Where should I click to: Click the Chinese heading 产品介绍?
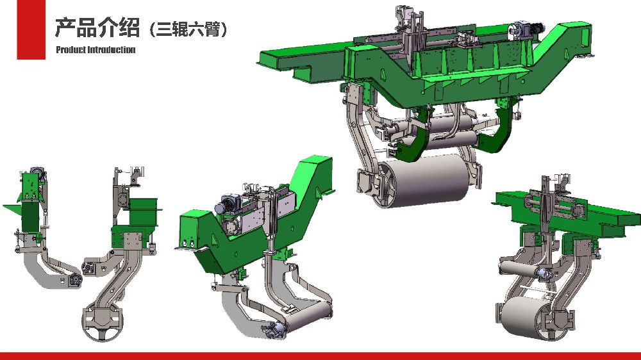click(x=96, y=28)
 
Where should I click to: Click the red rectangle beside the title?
click(x=31, y=29)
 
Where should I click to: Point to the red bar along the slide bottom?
click(x=320, y=356)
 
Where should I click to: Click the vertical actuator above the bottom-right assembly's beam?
click(x=545, y=205)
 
